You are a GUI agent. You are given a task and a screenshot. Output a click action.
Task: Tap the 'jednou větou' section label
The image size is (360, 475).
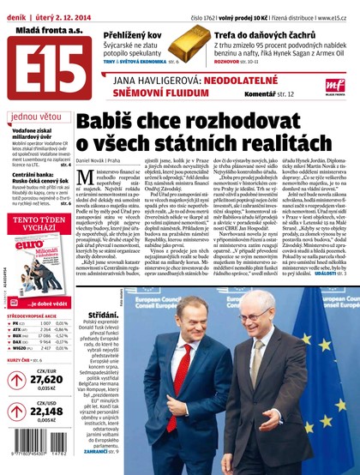tap(35, 116)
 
